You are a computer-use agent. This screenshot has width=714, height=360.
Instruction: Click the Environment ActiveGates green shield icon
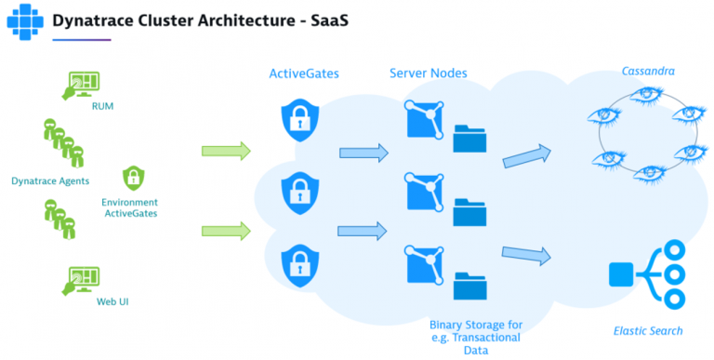tap(134, 178)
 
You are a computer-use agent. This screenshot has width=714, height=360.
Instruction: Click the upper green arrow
tap(227, 151)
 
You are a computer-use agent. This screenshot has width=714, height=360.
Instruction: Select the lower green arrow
tap(227, 230)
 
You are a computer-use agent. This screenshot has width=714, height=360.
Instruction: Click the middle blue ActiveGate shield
tap(299, 192)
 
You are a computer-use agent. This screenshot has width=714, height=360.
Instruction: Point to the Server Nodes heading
tap(429, 73)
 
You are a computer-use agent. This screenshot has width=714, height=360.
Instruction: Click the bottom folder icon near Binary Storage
tap(469, 284)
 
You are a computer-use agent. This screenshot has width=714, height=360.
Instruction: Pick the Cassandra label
tap(649, 72)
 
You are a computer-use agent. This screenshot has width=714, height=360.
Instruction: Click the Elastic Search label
tap(648, 330)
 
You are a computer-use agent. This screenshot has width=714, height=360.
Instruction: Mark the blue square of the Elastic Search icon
tap(620, 274)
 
